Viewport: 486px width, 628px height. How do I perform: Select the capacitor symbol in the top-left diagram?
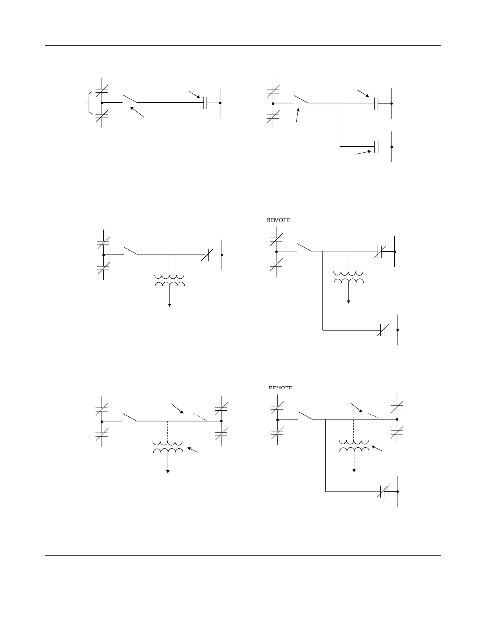tap(205, 103)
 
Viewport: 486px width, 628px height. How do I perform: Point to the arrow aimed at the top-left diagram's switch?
tap(137, 111)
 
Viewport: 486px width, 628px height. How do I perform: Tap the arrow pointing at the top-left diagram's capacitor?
tap(194, 94)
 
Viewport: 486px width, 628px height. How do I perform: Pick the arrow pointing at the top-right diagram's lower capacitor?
tap(363, 152)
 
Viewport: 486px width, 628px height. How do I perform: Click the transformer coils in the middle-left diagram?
tap(170, 281)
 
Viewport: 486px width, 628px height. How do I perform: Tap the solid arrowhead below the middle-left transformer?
tap(170, 304)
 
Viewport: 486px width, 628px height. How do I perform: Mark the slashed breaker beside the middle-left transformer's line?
tap(207, 255)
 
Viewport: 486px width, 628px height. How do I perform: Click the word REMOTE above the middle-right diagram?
tap(278, 220)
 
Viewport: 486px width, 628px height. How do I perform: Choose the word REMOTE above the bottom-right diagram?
tap(280, 387)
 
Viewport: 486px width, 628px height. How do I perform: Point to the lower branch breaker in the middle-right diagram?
tap(381, 330)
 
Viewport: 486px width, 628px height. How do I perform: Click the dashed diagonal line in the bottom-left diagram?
tap(201, 417)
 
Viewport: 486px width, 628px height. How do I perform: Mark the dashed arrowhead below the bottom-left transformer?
tap(168, 471)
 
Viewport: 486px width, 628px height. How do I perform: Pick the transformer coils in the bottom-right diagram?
tap(354, 446)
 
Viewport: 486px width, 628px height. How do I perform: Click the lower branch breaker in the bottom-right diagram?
tap(382, 491)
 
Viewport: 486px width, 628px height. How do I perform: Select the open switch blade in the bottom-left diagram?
tap(130, 417)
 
